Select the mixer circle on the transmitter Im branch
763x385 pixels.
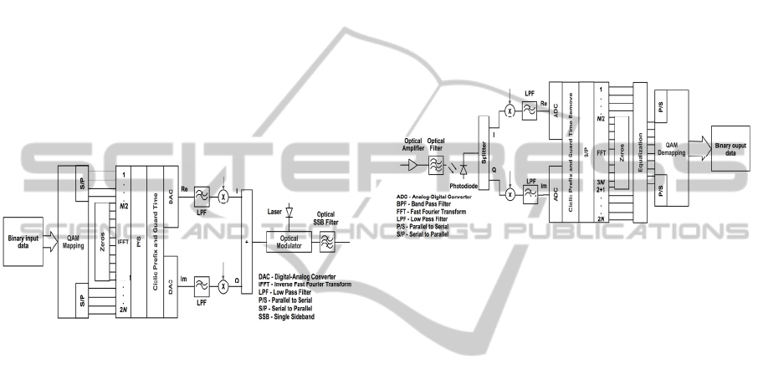pos(223,286)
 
